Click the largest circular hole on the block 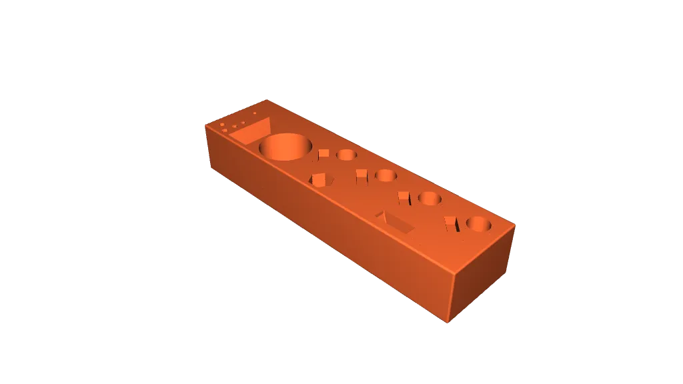(x=285, y=147)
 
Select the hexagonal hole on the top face (x=321, y=179)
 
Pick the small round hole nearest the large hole (x=346, y=155)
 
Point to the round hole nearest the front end (x=479, y=225)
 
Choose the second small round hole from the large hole (x=386, y=176)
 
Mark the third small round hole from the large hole (x=430, y=199)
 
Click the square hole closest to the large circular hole (x=323, y=155)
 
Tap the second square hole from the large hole (x=362, y=175)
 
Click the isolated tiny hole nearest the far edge (x=255, y=113)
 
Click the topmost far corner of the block (x=268, y=100)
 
